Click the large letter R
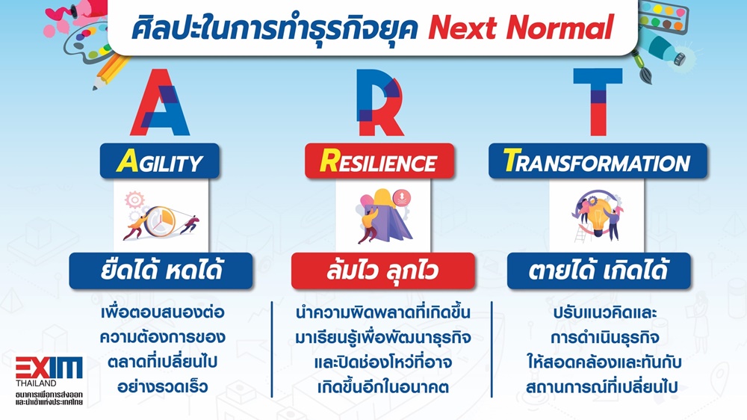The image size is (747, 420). coord(379,102)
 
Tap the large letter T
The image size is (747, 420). coord(598,102)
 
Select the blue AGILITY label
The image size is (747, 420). coord(160,161)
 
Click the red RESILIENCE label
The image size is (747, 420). coord(379,161)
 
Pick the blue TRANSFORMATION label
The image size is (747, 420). coord(598,161)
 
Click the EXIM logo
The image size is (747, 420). coord(49,368)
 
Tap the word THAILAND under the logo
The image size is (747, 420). coord(36,383)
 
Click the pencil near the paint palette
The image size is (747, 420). coord(111,72)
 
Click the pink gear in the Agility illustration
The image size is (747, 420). coord(134,200)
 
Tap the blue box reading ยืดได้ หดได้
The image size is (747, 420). coord(161,271)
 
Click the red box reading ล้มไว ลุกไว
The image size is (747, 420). coord(383,271)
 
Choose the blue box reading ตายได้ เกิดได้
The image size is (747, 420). coord(599,271)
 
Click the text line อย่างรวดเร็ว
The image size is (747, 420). coord(162,386)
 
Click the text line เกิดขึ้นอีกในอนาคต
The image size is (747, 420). coord(383,386)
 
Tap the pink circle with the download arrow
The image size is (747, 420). coord(402,197)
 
